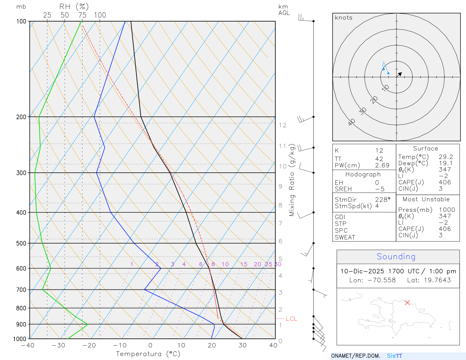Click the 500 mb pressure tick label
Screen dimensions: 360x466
(21, 243)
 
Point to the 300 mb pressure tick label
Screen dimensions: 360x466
(21, 173)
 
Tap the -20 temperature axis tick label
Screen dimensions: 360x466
(89, 345)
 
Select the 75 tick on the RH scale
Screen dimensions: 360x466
(82, 15)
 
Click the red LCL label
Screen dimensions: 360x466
(291, 319)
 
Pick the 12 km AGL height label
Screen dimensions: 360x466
(283, 125)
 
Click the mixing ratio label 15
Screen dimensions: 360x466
(244, 264)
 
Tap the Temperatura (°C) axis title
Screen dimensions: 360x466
(148, 354)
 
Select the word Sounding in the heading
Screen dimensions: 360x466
(396, 257)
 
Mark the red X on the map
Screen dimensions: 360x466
(407, 303)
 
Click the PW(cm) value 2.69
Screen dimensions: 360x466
(382, 165)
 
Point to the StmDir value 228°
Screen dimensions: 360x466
(383, 200)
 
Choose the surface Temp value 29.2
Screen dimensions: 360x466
(446, 157)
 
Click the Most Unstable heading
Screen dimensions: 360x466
(426, 200)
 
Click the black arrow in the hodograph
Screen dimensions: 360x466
(400, 74)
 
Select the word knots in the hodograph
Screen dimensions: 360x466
(344, 18)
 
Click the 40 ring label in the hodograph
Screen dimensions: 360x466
(352, 122)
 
